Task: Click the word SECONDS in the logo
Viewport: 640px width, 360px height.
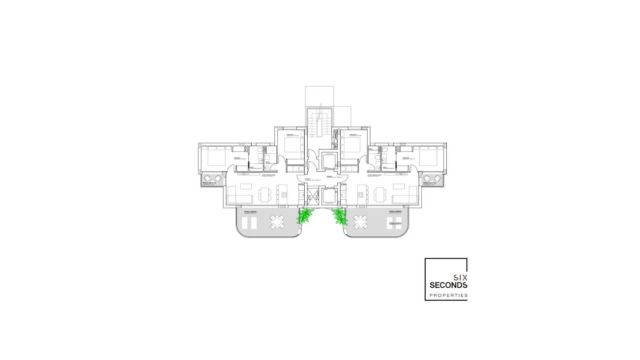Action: tap(448, 285)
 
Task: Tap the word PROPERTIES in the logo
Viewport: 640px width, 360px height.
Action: tap(448, 295)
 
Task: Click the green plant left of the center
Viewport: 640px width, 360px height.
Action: tap(303, 216)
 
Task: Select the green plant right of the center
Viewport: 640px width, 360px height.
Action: tap(339, 216)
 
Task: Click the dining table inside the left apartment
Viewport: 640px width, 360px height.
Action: tap(264, 194)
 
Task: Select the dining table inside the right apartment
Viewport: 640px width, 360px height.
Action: tap(379, 194)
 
